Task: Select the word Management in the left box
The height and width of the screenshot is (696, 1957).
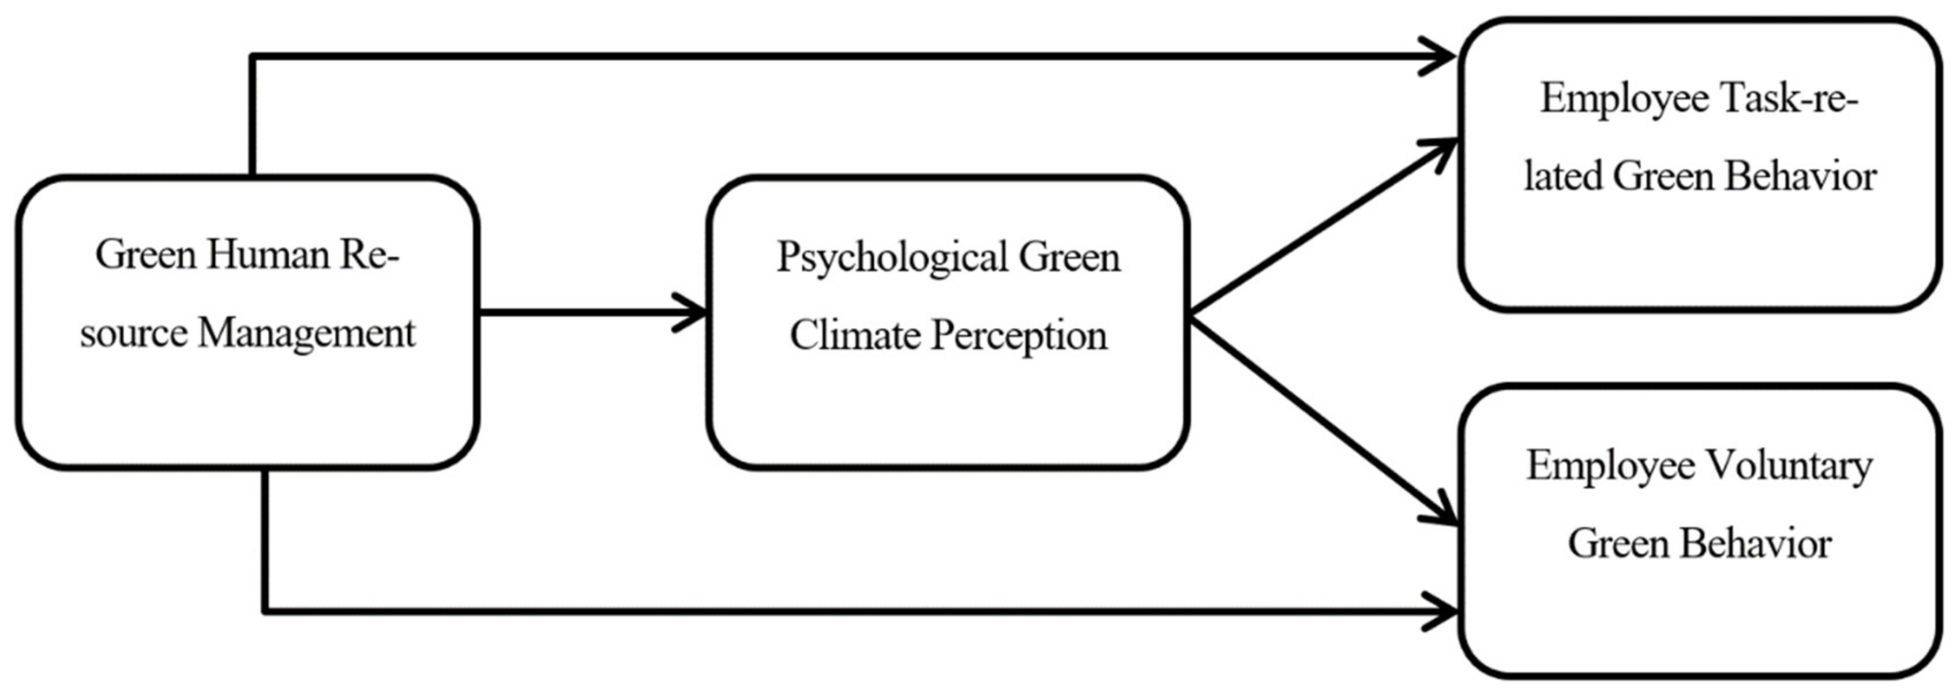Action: [x=306, y=333]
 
